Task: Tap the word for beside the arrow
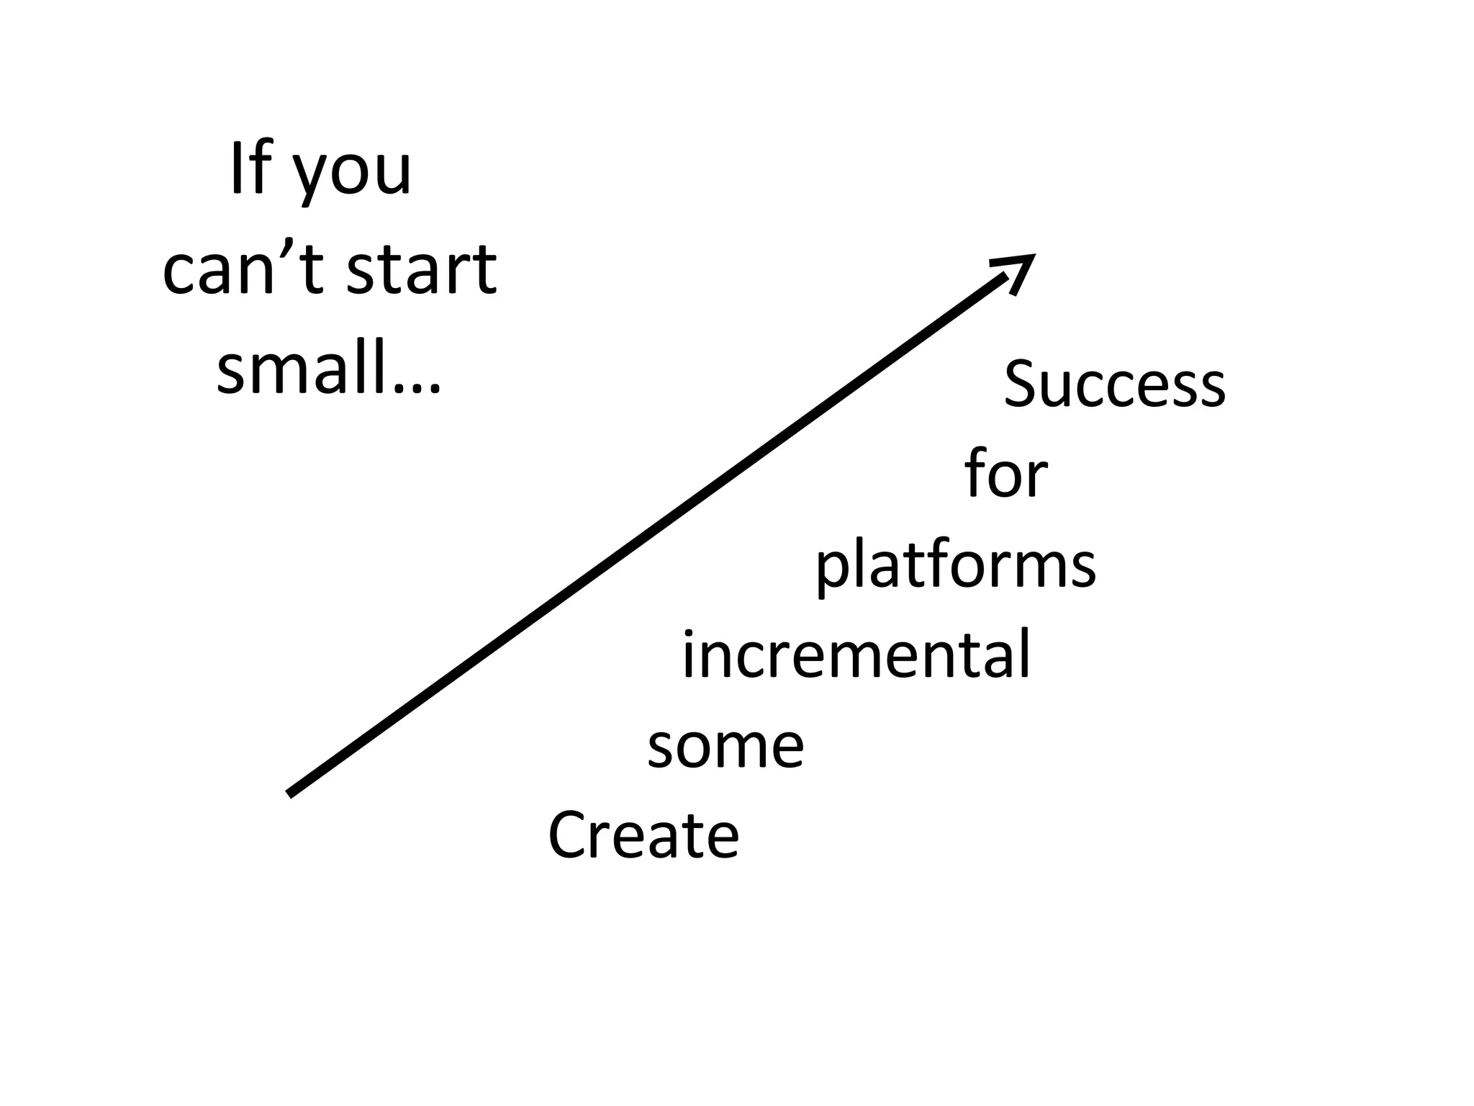pyautogui.click(x=1005, y=474)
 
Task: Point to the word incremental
pyautogui.click(x=856, y=655)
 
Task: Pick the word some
pyautogui.click(x=725, y=747)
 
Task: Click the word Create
pyautogui.click(x=643, y=835)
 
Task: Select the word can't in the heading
pyautogui.click(x=243, y=269)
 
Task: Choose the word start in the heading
pyautogui.click(x=422, y=269)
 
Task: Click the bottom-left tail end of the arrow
pyautogui.click(x=291, y=793)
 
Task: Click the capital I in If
pyautogui.click(x=235, y=170)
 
